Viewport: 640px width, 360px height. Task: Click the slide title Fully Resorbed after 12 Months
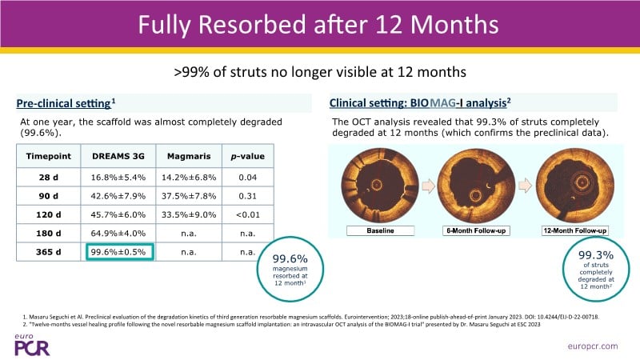coord(319,26)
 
